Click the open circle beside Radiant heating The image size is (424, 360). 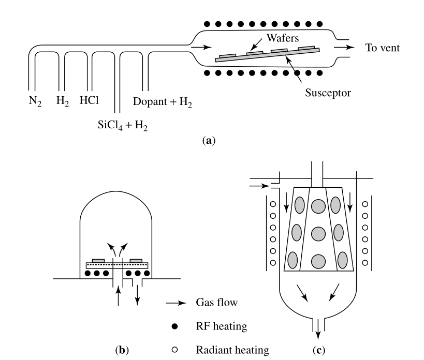pos(175,350)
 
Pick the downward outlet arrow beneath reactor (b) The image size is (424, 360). pos(138,294)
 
